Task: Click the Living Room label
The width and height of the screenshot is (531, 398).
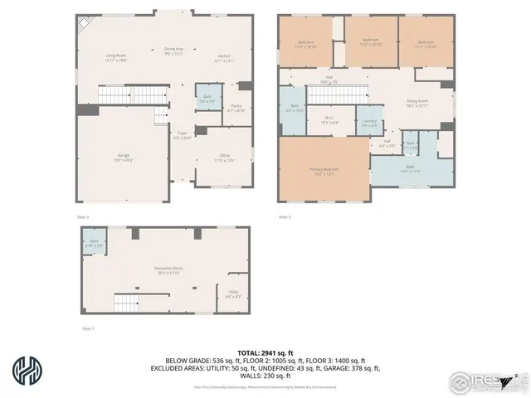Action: [116, 57]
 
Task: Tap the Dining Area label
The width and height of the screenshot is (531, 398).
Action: [173, 51]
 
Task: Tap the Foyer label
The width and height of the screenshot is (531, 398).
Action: [182, 135]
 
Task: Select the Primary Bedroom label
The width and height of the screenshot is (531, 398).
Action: [324, 171]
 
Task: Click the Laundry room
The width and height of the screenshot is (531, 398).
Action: [370, 123]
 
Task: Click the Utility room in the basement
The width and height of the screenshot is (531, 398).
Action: [233, 294]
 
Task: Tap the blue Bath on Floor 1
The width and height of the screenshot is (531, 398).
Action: [94, 244]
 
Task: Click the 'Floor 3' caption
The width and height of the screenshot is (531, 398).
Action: [285, 217]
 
